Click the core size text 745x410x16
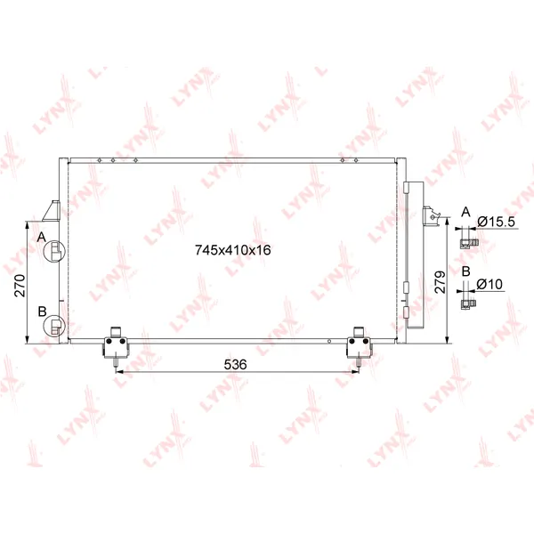pos(233,250)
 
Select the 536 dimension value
pos(235,365)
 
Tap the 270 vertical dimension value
pos(20,286)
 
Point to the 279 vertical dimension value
pos(440,282)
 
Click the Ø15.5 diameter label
pos(497,222)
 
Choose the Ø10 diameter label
pos(489,284)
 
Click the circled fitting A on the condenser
pos(55,251)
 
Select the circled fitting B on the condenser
pos(53,326)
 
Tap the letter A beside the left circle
pos(42,237)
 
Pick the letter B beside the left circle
pos(42,311)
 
